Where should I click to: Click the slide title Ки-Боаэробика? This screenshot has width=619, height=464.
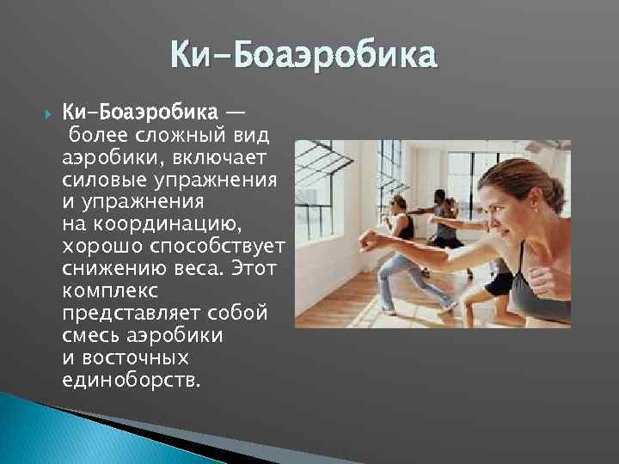pyautogui.click(x=304, y=58)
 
